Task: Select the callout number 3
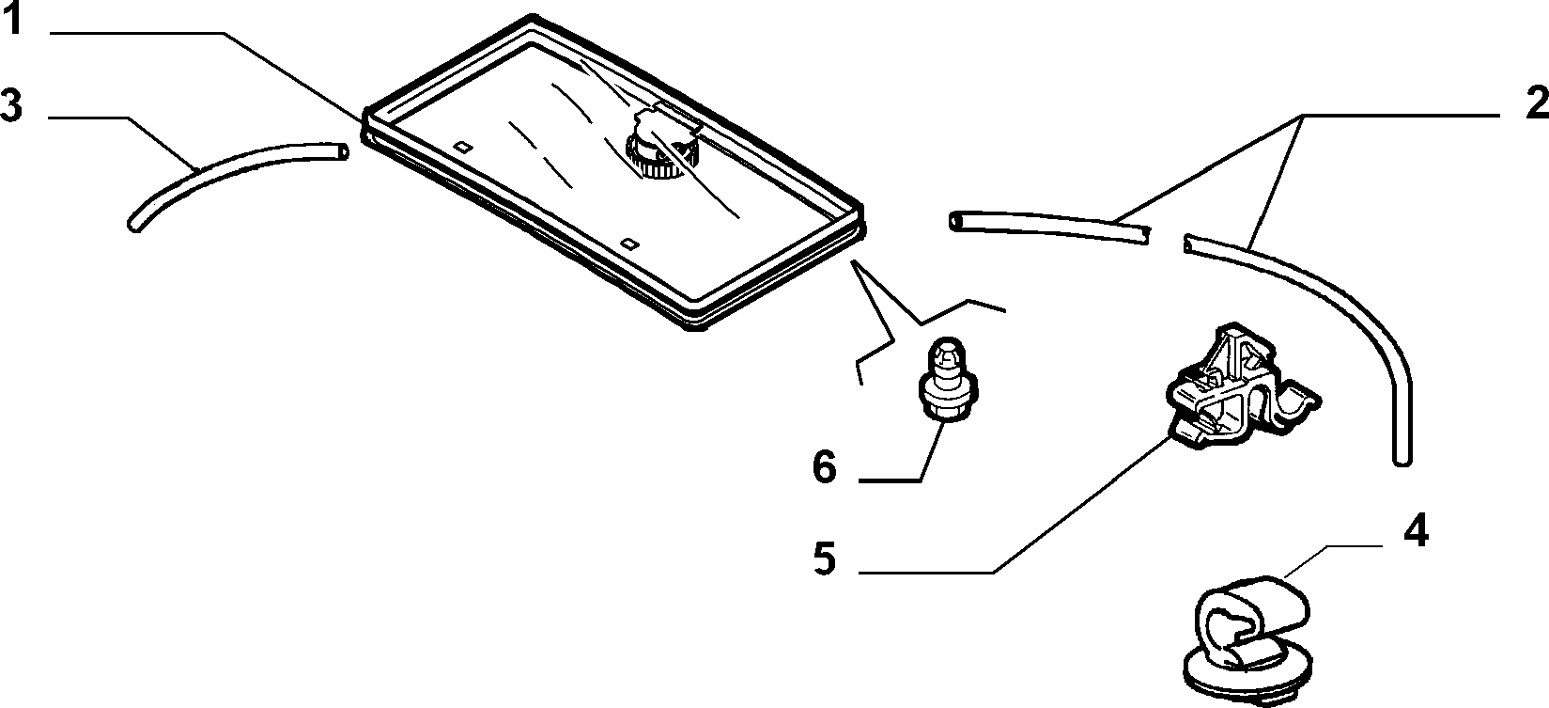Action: [x=12, y=106]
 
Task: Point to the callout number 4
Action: [x=1416, y=531]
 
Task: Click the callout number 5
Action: [x=825, y=558]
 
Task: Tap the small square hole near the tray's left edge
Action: [x=462, y=147]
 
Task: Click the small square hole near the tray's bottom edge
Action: [x=628, y=243]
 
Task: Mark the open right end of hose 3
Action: [x=342, y=150]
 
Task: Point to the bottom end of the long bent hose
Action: [x=1402, y=460]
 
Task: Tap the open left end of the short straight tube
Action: [x=955, y=221]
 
